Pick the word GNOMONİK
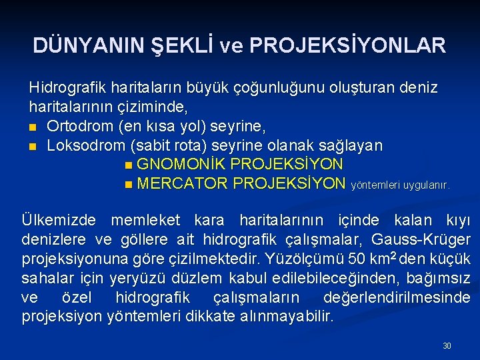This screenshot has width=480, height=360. point(175,165)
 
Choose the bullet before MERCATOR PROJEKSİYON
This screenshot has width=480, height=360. point(128,184)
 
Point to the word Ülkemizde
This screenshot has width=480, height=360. point(58,220)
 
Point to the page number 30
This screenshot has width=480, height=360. point(447,346)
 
